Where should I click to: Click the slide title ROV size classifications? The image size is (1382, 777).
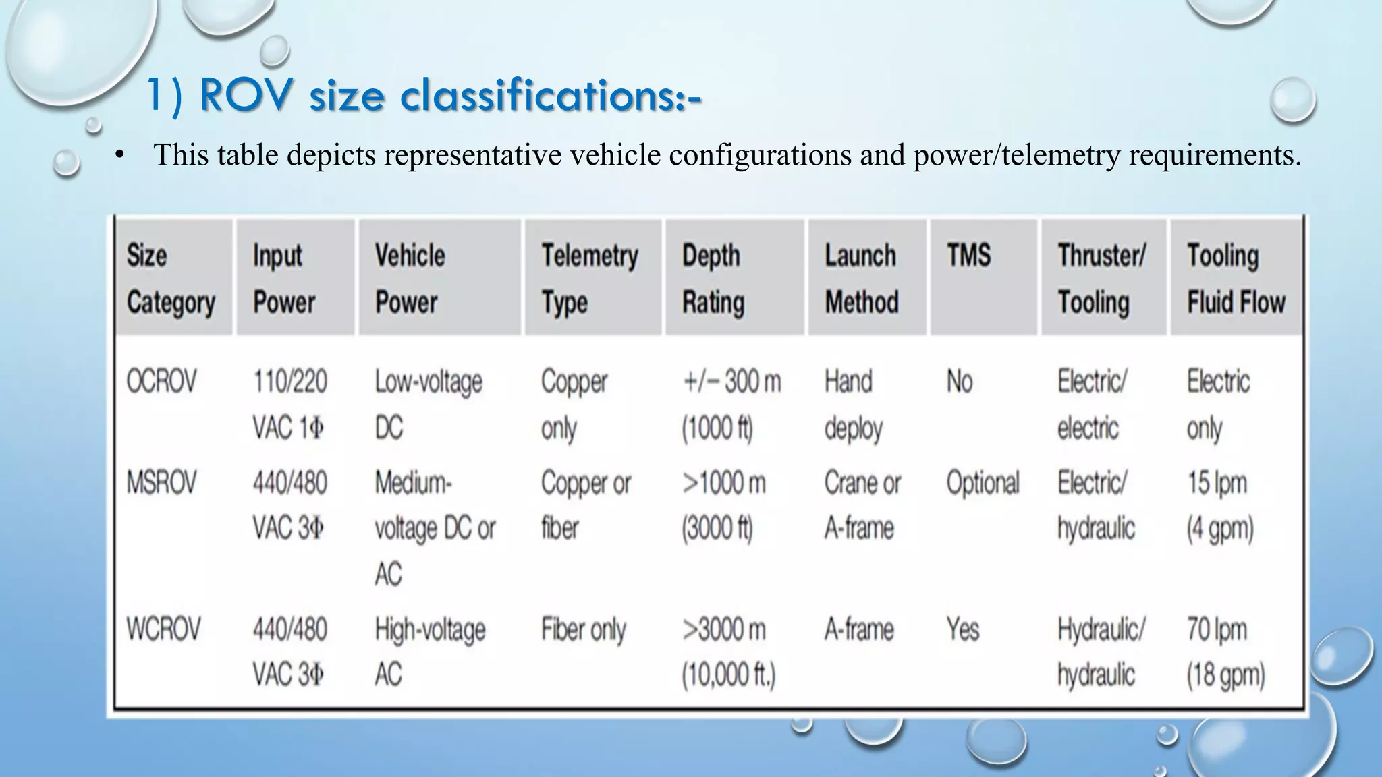(x=424, y=96)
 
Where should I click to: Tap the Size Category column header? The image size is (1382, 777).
(x=171, y=278)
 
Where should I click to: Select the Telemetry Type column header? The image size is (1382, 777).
(x=589, y=278)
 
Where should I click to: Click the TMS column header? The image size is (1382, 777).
(x=968, y=256)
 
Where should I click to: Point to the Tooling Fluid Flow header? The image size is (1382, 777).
(x=1236, y=278)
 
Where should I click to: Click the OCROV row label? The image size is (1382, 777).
(x=161, y=382)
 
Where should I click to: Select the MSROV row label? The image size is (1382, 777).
(x=161, y=483)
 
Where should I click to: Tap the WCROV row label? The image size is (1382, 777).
(x=163, y=629)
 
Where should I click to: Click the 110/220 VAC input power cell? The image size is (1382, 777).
(x=289, y=405)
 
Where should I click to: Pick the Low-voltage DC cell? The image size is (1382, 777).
(x=428, y=405)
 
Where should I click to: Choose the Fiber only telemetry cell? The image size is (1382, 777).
(x=583, y=630)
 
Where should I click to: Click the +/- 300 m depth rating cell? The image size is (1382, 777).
(x=731, y=405)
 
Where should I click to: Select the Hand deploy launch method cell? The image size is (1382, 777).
(x=853, y=405)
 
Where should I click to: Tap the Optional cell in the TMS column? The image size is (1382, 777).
(x=983, y=483)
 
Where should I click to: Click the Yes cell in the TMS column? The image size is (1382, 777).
(x=962, y=630)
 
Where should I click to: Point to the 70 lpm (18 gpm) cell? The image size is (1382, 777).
(x=1225, y=652)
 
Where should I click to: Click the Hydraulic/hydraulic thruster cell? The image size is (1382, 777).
(x=1101, y=652)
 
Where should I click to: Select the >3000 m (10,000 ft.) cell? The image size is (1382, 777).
(x=728, y=652)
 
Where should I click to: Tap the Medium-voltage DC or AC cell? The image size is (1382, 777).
(x=435, y=528)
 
